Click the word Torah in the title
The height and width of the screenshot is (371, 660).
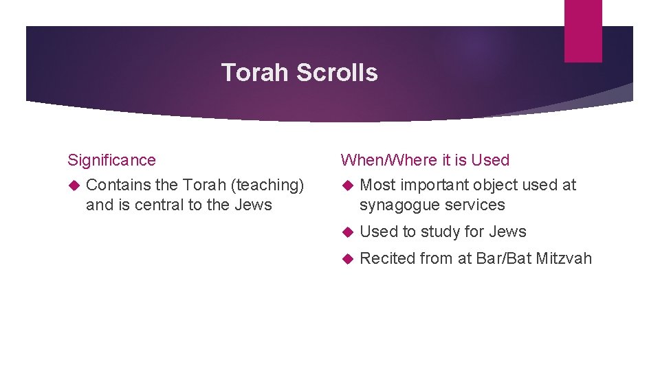coord(256,72)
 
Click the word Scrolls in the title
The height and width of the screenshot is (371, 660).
coord(338,72)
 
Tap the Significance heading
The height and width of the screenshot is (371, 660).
coord(111,160)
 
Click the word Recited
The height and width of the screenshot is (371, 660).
coord(387,258)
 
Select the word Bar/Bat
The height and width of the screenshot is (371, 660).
coord(502,258)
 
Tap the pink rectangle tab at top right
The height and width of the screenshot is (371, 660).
coord(583,30)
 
